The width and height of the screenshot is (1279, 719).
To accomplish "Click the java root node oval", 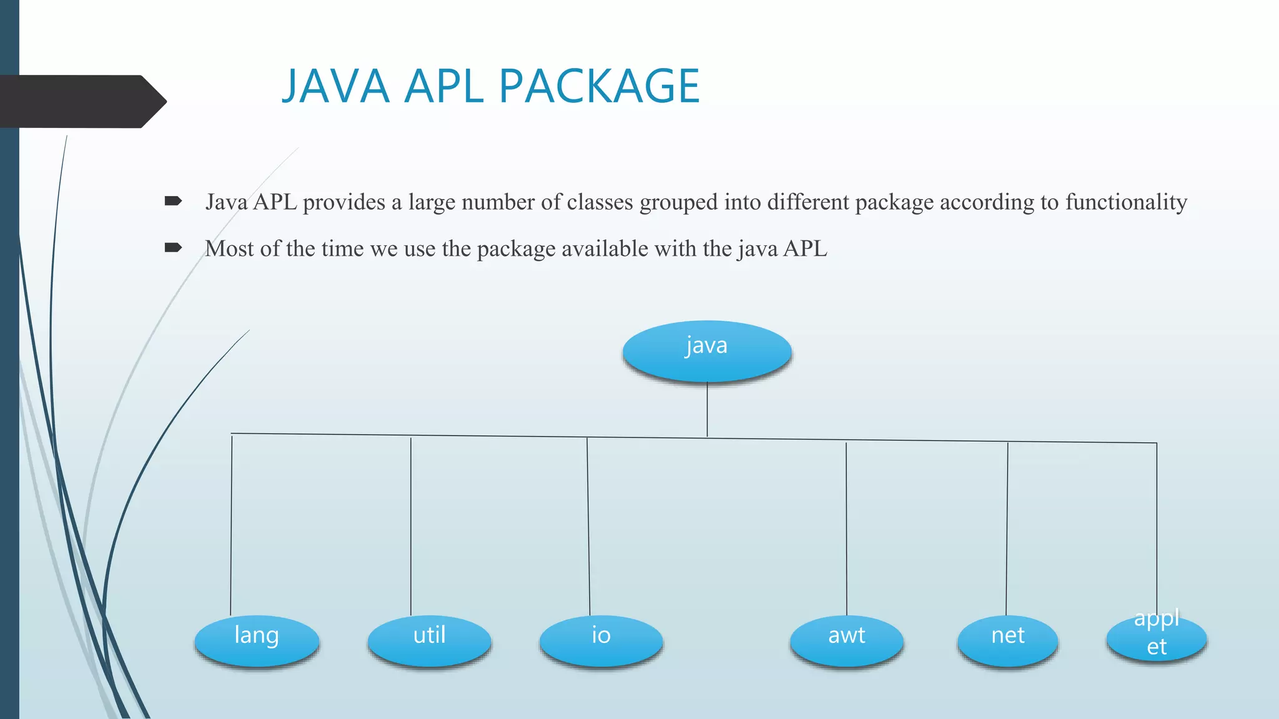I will pos(707,350).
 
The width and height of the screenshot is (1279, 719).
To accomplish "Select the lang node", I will pos(257,640).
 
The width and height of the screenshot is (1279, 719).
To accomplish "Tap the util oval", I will pos(430,640).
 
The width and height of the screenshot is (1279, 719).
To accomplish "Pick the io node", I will pos(601,640).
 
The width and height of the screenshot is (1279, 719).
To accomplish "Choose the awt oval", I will pos(846,640).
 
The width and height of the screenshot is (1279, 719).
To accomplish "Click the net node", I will pos(1007,640).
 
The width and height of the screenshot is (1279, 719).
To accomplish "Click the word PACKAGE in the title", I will pos(600,86).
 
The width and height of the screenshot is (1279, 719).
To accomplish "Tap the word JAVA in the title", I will pos(336,86).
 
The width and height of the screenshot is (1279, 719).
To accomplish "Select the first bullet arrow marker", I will pos(173,201).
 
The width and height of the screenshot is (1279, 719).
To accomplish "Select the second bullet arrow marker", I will pos(173,248).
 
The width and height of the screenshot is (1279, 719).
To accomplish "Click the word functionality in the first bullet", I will pos(1126,202).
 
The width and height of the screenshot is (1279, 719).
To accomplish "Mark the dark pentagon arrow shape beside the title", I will pos(81,102).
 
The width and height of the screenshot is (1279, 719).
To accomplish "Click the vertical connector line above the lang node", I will pos(231,524).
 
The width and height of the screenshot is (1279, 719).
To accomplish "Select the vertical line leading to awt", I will pos(846,527).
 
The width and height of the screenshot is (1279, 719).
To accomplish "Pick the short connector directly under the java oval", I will pos(707,409).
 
